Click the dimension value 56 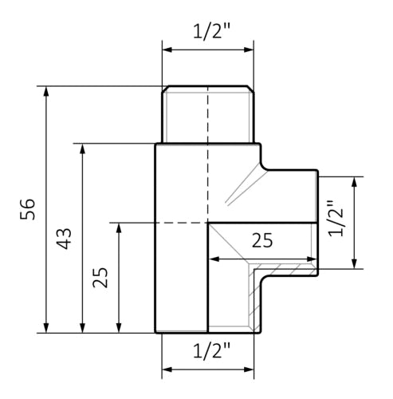(x=28, y=209)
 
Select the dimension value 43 (x=65, y=237)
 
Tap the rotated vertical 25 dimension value (x=100, y=277)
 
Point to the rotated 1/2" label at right (x=336, y=220)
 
